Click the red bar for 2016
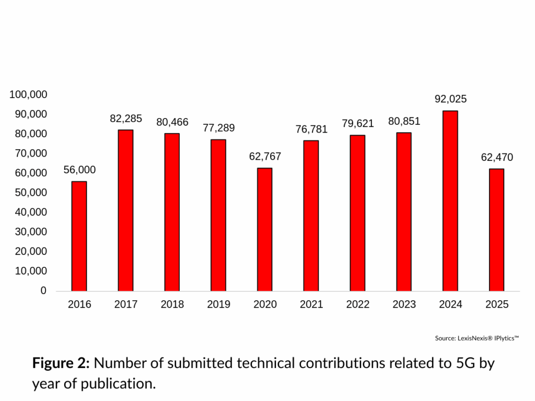pyautogui.click(x=79, y=236)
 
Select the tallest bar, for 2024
pyautogui.click(x=450, y=201)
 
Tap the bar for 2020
pyautogui.click(x=265, y=230)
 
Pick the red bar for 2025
pyautogui.click(x=496, y=230)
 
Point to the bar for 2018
pyautogui.click(x=172, y=213)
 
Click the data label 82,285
pyautogui.click(x=126, y=119)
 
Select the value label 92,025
pyautogui.click(x=450, y=99)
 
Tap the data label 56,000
pyautogui.click(x=79, y=170)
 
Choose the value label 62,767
pyautogui.click(x=265, y=157)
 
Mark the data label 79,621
pyautogui.click(x=357, y=124)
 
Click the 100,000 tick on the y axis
pyautogui.click(x=28, y=95)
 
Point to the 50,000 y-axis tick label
pyautogui.click(x=31, y=193)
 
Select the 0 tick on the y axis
pyautogui.click(x=44, y=291)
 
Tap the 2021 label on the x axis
pyautogui.click(x=311, y=304)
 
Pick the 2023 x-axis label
pyautogui.click(x=404, y=304)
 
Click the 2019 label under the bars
pyautogui.click(x=218, y=304)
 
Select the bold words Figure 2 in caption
pyautogui.click(x=61, y=363)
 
